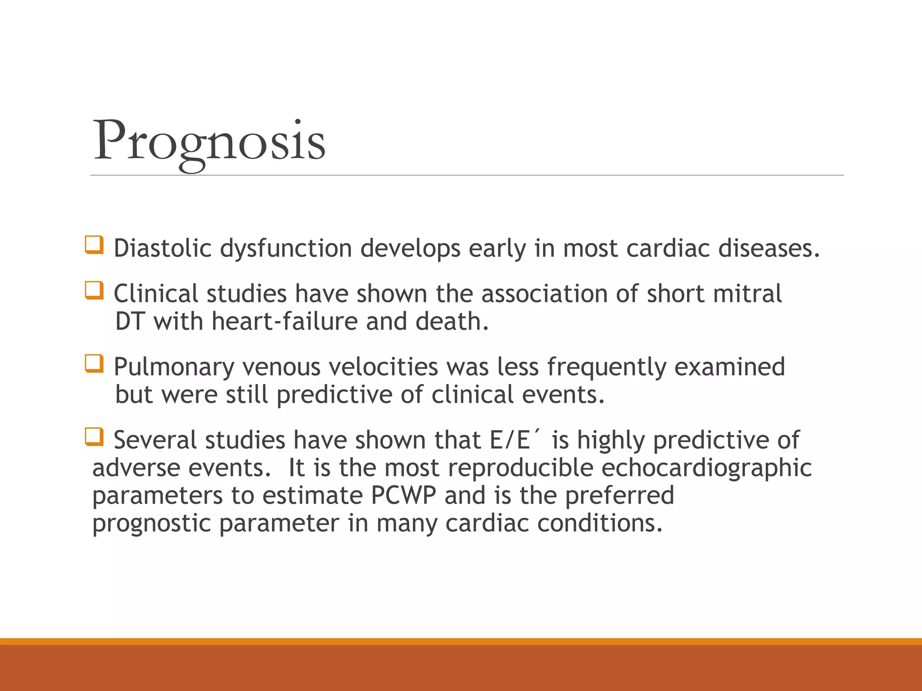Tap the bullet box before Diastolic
[94, 245]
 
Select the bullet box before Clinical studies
[94, 291]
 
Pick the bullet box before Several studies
[94, 437]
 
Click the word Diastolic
[163, 248]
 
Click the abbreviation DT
[130, 322]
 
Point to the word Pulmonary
[174, 368]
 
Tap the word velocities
[383, 367]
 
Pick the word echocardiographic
[706, 468]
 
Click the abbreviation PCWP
[404, 495]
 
